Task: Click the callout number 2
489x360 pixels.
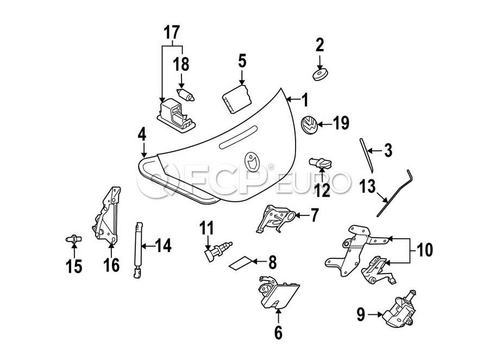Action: point(319,44)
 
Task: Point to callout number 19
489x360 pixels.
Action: point(340,124)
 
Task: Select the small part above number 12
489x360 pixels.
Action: point(321,162)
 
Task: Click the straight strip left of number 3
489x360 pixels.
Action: point(365,154)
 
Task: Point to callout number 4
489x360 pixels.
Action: point(142,134)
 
